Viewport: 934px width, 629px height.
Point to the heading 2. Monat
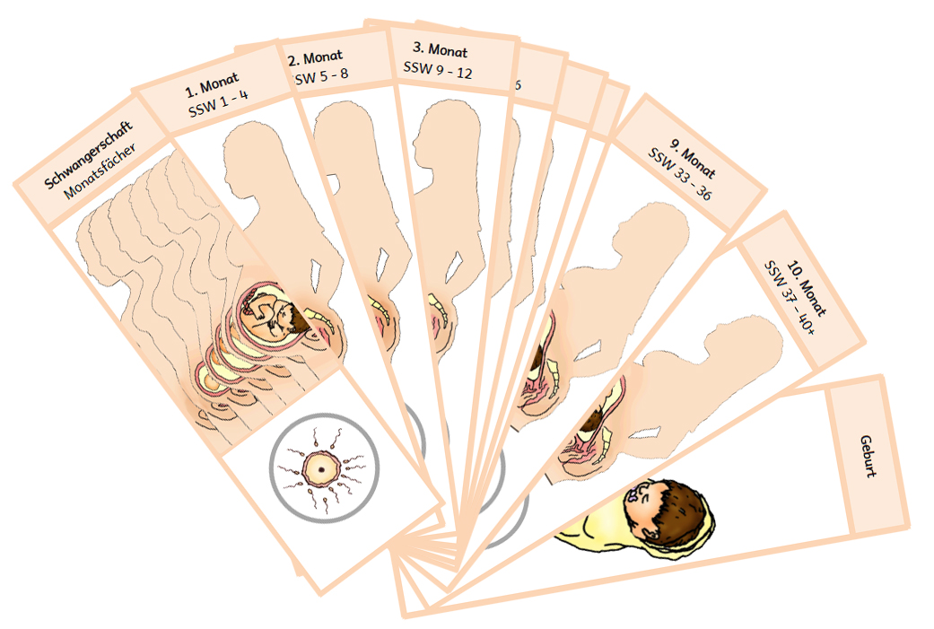pyautogui.click(x=317, y=58)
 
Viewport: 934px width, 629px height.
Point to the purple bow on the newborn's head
pyautogui.click(x=640, y=492)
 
